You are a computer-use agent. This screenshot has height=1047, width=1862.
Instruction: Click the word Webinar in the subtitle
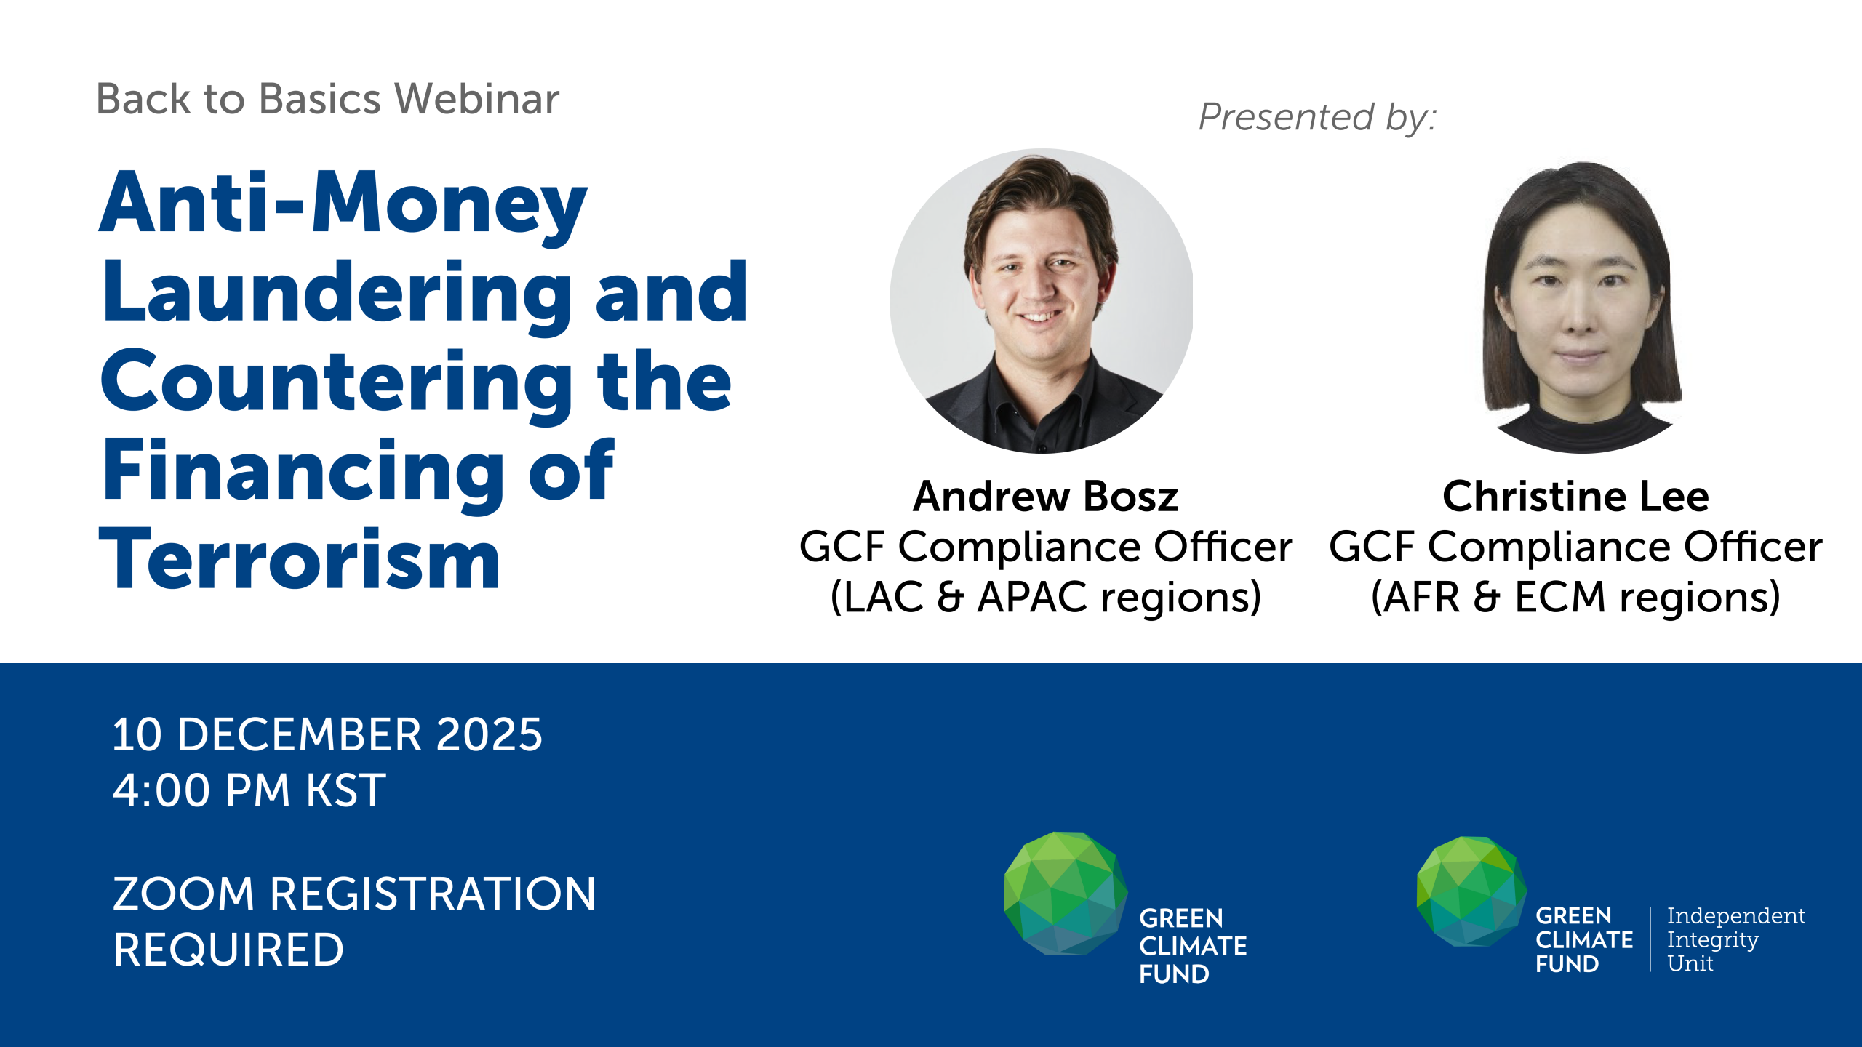coord(477,99)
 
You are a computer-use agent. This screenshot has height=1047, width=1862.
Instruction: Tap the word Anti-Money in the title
coord(343,206)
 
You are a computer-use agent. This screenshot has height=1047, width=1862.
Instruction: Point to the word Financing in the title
coord(303,475)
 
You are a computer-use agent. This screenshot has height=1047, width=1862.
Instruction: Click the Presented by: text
coord(1317,118)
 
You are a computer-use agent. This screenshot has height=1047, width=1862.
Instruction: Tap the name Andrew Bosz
coord(1045,497)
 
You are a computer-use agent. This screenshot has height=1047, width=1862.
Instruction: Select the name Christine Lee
coord(1575,497)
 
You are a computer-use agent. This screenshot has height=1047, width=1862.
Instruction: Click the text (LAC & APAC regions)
coord(1045,598)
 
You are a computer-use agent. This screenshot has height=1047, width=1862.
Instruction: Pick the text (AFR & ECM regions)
coord(1575,598)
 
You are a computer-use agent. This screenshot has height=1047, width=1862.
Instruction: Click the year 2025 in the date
coord(489,734)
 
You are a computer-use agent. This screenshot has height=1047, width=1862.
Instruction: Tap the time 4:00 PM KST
coord(249,790)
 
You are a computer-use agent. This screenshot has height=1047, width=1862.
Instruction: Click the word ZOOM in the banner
coord(183,894)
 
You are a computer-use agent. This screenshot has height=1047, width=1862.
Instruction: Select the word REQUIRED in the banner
coord(228,950)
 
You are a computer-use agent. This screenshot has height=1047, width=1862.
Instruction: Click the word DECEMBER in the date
coord(299,734)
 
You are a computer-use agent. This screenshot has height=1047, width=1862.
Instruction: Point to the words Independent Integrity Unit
coord(1735,939)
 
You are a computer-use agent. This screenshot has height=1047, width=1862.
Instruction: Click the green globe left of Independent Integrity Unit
coord(1471,891)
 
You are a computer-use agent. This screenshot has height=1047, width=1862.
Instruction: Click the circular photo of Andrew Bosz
coord(1042,301)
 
